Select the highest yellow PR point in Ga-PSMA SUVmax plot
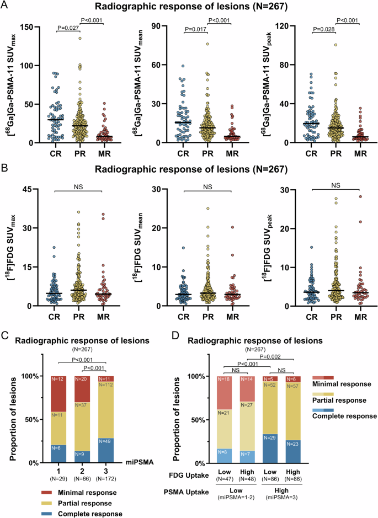79,38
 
